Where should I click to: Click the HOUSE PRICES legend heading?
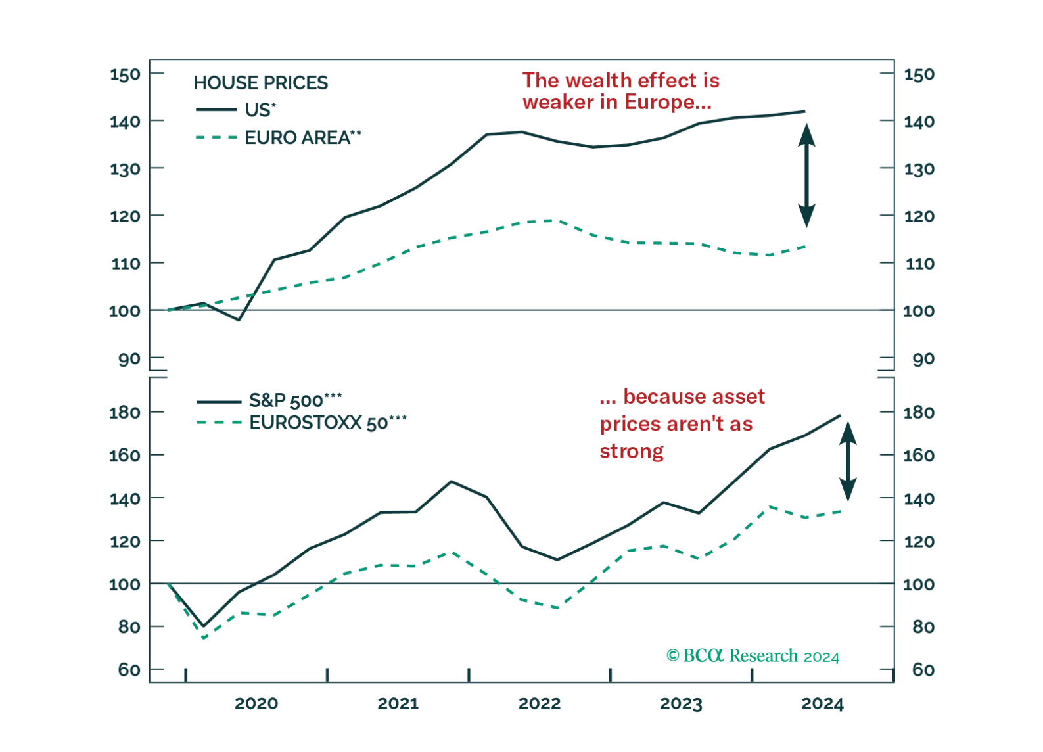[261, 83]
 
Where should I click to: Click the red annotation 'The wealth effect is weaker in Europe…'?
[620, 92]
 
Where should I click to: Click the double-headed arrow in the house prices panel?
[807, 174]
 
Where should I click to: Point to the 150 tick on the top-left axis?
[124, 76]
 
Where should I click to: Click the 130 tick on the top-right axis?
[919, 170]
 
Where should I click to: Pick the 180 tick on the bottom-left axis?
[124, 413]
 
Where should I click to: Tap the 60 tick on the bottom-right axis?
[919, 670]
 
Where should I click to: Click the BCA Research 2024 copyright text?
[753, 655]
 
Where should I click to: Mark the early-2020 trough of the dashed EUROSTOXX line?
[204, 636]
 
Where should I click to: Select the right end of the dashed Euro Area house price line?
[807, 246]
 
